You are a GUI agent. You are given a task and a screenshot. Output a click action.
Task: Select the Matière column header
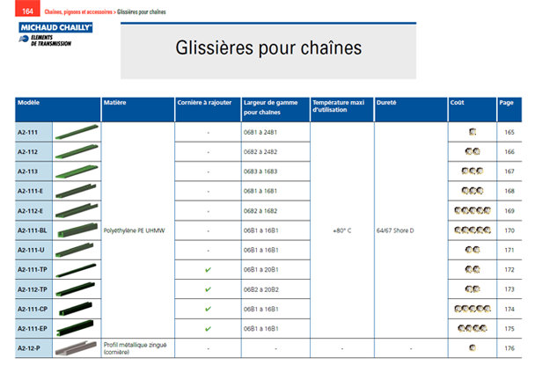(116, 103)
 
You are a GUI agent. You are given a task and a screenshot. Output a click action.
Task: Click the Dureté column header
(386, 103)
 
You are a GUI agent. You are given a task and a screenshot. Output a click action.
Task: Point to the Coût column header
(458, 103)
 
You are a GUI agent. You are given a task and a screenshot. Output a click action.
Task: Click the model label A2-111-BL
(33, 230)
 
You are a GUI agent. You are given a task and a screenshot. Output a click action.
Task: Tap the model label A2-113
(27, 171)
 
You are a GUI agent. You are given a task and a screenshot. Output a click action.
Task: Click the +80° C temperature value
(342, 230)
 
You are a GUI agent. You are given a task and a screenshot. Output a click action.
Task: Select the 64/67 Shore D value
(397, 230)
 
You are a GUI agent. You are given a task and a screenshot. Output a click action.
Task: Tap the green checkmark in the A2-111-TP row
(207, 269)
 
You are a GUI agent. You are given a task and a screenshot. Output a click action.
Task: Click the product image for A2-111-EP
(77, 328)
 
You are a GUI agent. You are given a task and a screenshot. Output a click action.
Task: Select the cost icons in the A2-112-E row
(472, 210)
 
